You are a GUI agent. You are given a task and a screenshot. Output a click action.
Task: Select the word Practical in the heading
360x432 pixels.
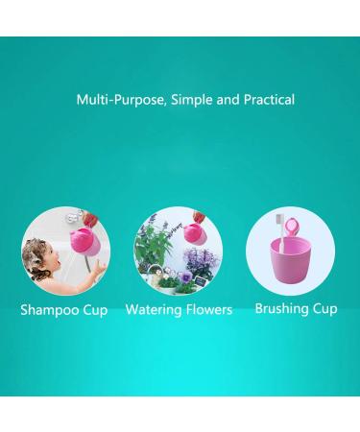tap(262, 99)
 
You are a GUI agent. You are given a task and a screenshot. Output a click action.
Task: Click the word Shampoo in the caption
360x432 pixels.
tap(52, 310)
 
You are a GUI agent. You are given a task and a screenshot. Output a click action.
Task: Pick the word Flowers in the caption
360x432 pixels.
tap(210, 310)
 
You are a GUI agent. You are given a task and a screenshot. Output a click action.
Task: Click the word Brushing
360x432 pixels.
tap(283, 309)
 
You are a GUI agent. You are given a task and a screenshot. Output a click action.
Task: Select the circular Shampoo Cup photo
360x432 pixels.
tap(65, 254)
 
